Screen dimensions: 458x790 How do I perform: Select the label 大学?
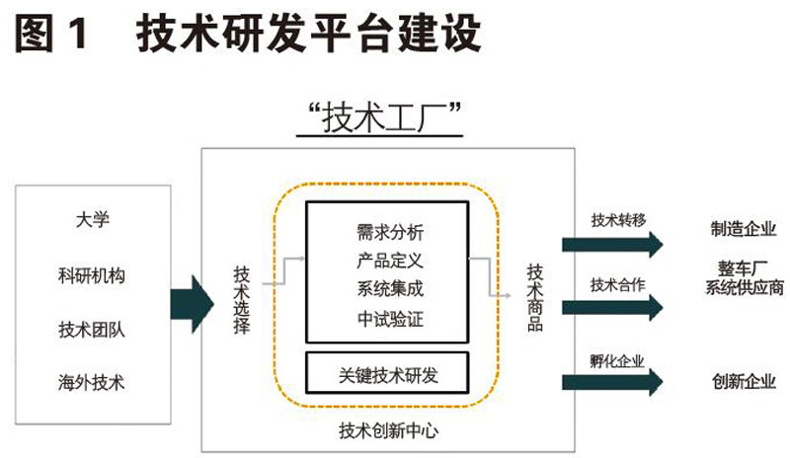click(91, 219)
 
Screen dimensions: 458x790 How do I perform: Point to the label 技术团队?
click(91, 328)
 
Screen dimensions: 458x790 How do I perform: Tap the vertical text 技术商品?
click(534, 297)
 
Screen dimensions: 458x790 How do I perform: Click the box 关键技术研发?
click(387, 374)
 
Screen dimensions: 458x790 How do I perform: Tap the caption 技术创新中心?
click(387, 431)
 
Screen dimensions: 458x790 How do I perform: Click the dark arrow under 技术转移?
click(612, 243)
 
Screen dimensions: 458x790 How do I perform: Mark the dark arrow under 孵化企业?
click(612, 382)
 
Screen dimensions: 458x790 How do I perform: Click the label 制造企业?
click(743, 230)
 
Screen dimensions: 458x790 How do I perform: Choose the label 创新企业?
click(743, 381)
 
